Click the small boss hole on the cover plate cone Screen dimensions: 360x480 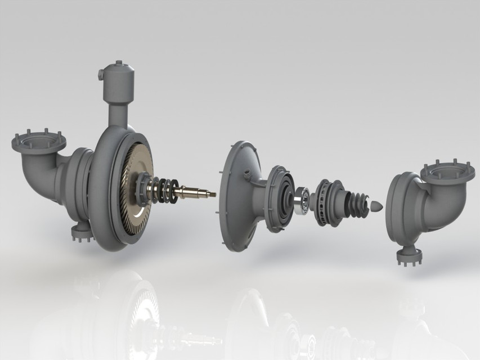point(246,176)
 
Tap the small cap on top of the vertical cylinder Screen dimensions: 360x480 point(119,63)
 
